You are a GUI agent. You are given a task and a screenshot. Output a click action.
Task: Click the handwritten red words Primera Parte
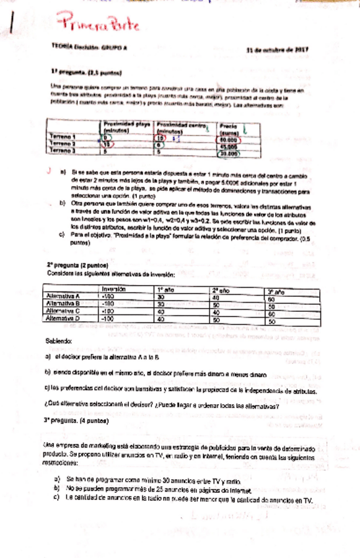click(x=99, y=26)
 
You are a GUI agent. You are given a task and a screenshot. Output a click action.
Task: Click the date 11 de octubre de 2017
click(x=277, y=49)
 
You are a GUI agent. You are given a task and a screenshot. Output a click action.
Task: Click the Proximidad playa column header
click(x=127, y=126)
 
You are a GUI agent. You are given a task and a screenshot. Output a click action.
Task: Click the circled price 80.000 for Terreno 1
click(x=228, y=139)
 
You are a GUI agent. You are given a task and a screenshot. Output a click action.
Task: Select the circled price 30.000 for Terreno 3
click(x=228, y=154)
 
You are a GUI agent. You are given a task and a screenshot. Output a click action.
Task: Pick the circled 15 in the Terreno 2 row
click(x=109, y=145)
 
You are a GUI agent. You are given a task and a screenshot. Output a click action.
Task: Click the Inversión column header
click(x=113, y=289)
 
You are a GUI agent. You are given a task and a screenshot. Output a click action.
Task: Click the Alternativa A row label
click(x=66, y=296)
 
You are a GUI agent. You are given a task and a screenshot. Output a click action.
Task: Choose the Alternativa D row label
click(x=66, y=318)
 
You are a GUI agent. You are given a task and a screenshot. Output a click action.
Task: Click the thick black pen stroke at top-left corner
click(x=13, y=26)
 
